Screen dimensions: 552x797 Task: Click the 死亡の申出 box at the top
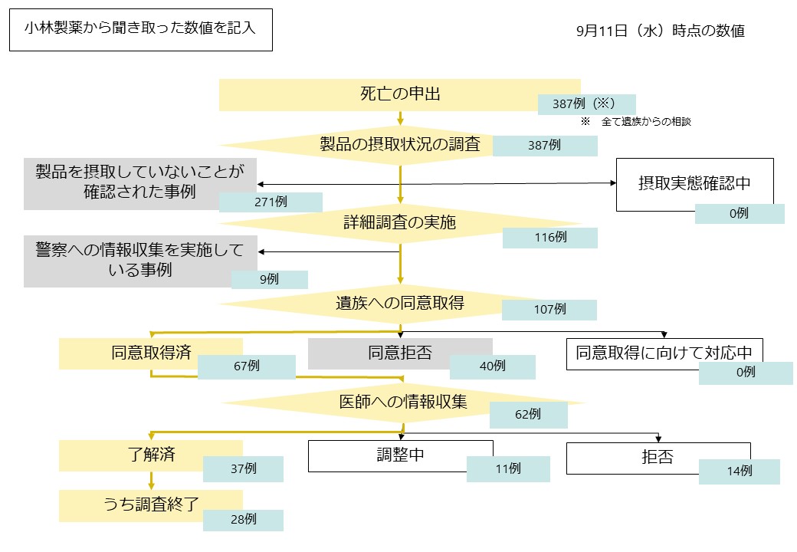(399, 94)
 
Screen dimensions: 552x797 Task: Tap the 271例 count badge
(271, 202)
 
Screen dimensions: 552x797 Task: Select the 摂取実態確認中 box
(694, 184)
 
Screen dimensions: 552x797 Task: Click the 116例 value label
(549, 238)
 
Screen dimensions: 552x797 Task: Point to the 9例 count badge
(269, 280)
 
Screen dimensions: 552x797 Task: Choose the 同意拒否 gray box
(399, 353)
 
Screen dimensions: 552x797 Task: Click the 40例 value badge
(492, 366)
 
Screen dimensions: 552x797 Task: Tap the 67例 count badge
(246, 366)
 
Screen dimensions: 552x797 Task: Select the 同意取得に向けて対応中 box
(664, 353)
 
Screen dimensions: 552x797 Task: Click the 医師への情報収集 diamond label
(402, 402)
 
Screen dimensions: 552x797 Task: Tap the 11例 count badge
(507, 468)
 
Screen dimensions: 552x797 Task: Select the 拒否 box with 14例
(658, 458)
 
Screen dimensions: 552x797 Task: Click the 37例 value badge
(243, 468)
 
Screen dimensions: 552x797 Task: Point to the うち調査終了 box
(151, 505)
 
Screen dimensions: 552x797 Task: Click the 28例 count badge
(243, 520)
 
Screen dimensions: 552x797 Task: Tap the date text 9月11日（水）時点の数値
(661, 31)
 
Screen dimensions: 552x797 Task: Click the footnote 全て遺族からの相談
(646, 121)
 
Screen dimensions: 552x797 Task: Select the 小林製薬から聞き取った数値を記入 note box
(140, 30)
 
